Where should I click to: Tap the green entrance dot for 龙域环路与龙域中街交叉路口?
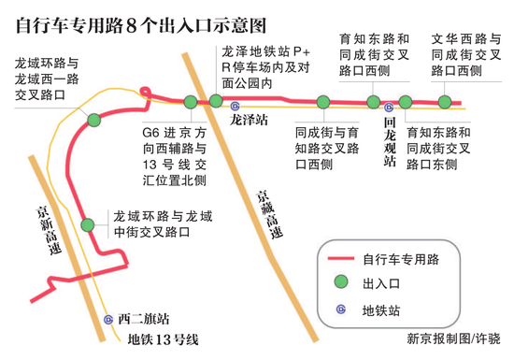tap(88, 224)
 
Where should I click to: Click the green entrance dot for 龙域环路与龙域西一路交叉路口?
tap(93, 119)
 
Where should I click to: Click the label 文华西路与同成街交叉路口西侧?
tap(463, 54)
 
